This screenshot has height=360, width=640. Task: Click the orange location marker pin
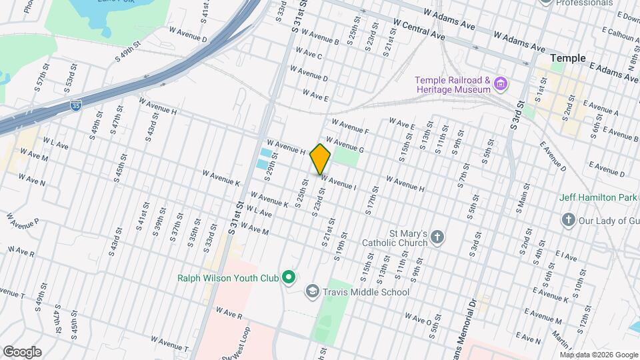click(321, 159)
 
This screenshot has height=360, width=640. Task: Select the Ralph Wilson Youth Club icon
click(288, 277)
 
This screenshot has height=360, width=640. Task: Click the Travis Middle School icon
click(311, 291)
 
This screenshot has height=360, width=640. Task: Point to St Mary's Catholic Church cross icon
click(437, 237)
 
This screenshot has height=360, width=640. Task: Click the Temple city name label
click(568, 59)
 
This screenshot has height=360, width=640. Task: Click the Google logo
click(22, 351)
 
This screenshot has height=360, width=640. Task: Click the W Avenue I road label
click(339, 182)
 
